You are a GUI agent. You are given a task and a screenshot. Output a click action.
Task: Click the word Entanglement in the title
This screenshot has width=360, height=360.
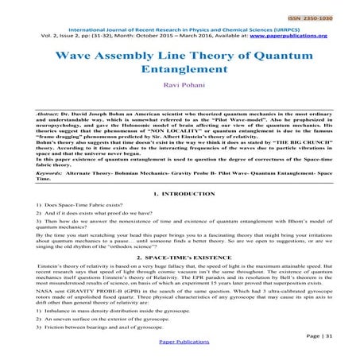[180, 70]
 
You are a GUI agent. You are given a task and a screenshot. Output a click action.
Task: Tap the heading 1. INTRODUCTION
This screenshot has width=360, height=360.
[180, 195]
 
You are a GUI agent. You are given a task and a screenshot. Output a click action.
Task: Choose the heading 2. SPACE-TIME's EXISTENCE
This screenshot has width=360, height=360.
[180, 259]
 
